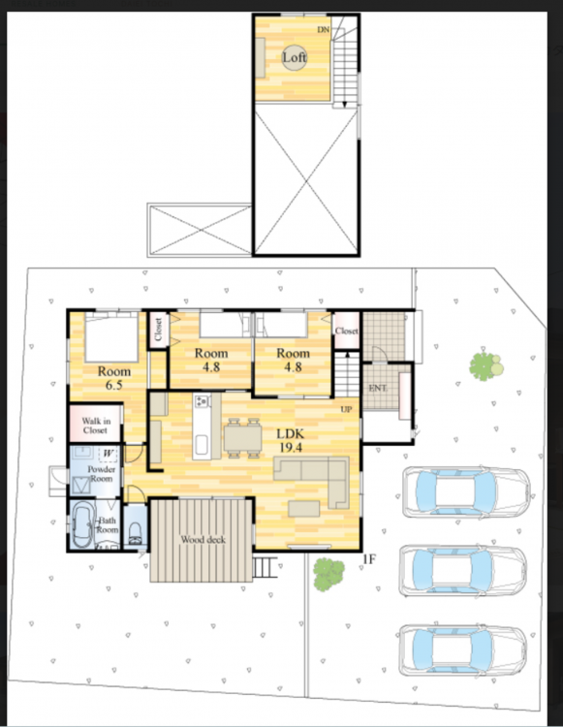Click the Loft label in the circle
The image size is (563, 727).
[295, 57]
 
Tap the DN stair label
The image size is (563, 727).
[323, 30]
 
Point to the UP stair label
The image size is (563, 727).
[346, 409]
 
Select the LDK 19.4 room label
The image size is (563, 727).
[291, 440]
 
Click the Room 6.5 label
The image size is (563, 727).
[114, 378]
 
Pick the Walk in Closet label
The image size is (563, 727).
[96, 426]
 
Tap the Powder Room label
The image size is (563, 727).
[102, 474]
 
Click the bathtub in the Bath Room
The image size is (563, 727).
[82, 524]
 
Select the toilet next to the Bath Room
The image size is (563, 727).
[136, 533]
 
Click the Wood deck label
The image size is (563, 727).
[203, 540]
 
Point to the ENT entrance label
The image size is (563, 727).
[378, 388]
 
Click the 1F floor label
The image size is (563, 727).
[369, 559]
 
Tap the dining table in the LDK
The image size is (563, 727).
[243, 438]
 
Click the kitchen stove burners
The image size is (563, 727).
[203, 401]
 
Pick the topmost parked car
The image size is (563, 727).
[466, 491]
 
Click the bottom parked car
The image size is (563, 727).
[462, 650]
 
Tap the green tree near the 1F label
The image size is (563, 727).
[328, 575]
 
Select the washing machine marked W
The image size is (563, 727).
[108, 454]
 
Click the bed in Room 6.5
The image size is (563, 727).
[111, 337]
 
